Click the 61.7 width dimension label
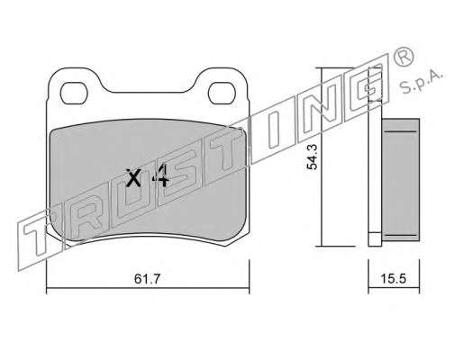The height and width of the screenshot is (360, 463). point(148,279)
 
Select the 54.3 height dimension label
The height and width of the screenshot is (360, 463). point(313,157)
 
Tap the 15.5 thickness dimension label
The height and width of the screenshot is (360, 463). point(394,279)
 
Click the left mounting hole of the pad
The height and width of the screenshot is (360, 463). point(74,94)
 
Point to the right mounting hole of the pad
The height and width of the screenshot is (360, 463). point(222,94)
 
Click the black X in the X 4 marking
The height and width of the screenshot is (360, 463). point(133,178)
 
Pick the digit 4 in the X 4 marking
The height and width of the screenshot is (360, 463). point(161,176)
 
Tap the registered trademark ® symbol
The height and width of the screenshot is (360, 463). point(404,56)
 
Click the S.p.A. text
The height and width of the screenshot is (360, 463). point(422,81)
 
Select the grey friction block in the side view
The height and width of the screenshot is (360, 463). point(400,180)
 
